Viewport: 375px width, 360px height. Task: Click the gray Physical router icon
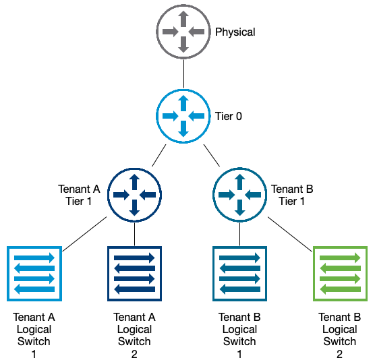(x=183, y=32)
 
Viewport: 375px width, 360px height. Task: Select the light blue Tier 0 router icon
(x=183, y=115)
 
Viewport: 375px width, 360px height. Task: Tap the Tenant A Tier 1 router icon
(x=134, y=194)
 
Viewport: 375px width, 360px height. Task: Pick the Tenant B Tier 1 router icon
(x=239, y=194)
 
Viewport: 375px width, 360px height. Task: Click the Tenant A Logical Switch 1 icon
(x=34, y=273)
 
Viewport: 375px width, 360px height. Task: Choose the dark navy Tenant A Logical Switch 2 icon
(x=134, y=273)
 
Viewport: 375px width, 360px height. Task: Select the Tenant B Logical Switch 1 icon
(x=239, y=273)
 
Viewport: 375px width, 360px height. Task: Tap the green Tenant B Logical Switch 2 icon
(x=340, y=273)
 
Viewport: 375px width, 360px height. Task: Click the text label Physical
(x=235, y=32)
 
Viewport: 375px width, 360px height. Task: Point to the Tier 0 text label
(x=228, y=116)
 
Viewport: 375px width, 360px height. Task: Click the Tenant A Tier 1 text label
(x=79, y=195)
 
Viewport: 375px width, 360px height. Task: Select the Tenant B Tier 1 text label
(x=292, y=195)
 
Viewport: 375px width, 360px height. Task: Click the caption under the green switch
(x=340, y=334)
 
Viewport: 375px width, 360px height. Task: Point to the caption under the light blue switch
(x=34, y=334)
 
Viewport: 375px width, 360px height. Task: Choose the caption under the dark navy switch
(x=134, y=334)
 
